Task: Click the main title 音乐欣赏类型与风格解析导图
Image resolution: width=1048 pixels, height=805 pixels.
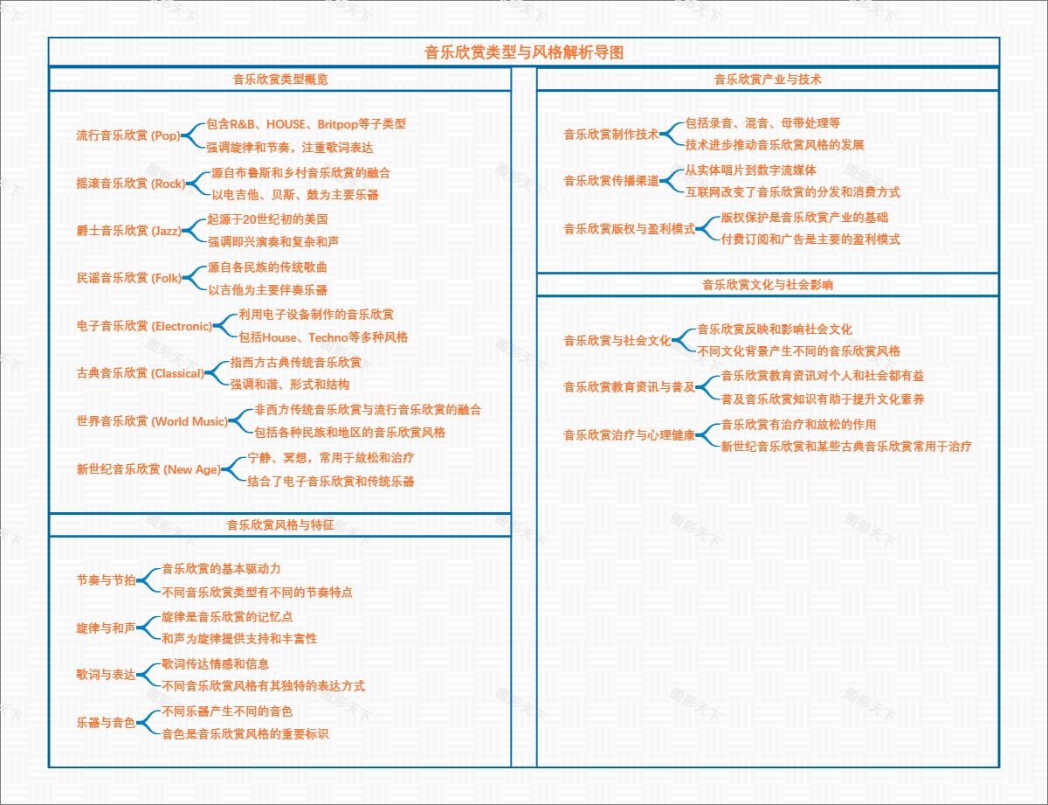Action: coord(524,52)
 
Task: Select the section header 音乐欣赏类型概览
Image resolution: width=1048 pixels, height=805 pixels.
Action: coord(279,79)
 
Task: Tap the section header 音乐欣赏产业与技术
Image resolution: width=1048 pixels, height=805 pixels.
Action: coord(768,79)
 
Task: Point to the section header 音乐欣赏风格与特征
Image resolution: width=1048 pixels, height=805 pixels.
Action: coord(279,524)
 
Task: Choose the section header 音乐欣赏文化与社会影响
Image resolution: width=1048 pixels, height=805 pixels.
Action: coord(768,284)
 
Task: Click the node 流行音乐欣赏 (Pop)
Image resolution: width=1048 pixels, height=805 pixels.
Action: coord(128,135)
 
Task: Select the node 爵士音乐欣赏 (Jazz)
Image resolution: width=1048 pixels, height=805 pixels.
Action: coord(128,231)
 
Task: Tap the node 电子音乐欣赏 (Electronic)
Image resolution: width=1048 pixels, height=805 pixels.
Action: coord(144,326)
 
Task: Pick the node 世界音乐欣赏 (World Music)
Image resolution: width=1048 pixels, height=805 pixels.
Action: coord(152,421)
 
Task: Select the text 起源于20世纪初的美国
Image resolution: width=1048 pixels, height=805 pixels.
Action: coord(267,219)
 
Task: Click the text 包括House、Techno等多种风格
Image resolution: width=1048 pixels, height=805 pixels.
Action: coord(323,337)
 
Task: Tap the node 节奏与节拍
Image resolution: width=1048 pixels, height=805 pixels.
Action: coord(106,580)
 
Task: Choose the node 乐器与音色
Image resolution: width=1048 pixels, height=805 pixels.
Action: coord(106,723)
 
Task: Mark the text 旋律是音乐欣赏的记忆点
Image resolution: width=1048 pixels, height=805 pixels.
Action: coord(227,616)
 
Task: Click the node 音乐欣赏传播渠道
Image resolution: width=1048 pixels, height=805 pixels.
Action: coord(611,181)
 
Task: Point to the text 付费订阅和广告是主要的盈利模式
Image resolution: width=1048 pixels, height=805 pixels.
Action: coord(810,239)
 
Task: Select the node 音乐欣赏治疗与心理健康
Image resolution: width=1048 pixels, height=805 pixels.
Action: coord(629,435)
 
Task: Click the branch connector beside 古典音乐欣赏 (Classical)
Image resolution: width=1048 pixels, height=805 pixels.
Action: coord(215,373)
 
